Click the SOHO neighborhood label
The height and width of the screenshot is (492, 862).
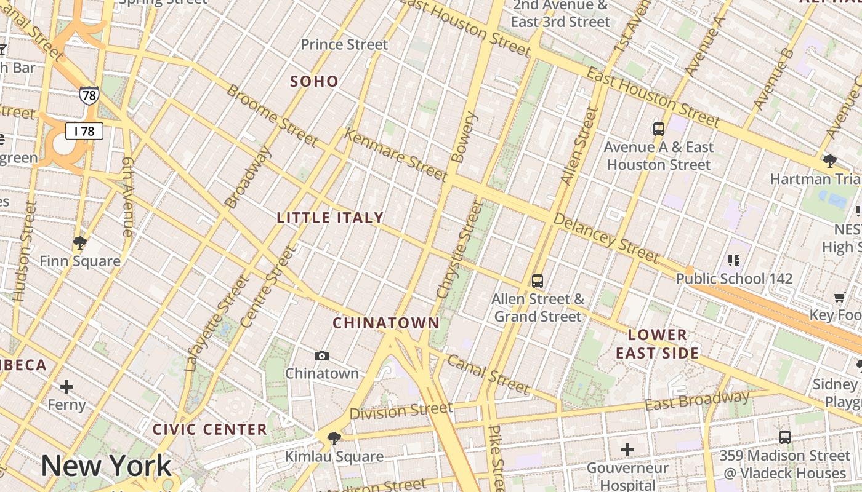(x=314, y=81)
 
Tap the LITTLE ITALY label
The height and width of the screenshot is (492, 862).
(x=330, y=218)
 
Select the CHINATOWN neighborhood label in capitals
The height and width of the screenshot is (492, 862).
(x=386, y=323)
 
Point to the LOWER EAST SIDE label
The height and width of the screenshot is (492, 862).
(x=658, y=344)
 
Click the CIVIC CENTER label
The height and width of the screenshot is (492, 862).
(x=209, y=429)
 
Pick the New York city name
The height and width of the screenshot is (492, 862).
(x=106, y=466)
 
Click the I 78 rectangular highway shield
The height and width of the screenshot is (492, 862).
(x=84, y=131)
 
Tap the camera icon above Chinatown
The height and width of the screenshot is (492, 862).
(x=321, y=355)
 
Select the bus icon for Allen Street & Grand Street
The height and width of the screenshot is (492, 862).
(x=538, y=281)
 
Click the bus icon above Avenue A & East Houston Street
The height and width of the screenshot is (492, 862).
(x=659, y=129)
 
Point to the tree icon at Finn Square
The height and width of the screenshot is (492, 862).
(x=79, y=242)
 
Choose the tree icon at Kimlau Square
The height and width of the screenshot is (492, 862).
(x=334, y=438)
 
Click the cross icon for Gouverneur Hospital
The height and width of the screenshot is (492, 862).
(x=627, y=450)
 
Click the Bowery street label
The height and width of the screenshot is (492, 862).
(x=466, y=137)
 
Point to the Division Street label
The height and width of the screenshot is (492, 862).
(x=401, y=410)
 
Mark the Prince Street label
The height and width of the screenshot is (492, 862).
(x=344, y=44)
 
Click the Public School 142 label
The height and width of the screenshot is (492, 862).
(x=734, y=279)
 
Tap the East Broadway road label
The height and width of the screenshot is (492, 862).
(x=697, y=400)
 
